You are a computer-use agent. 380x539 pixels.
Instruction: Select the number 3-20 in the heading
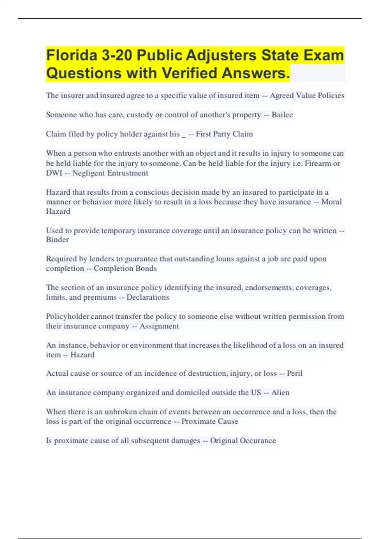click(117, 55)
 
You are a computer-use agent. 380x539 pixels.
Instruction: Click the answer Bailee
click(282, 115)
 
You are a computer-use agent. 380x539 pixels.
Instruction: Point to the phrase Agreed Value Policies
click(307, 95)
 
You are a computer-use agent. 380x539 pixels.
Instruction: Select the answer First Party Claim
click(224, 134)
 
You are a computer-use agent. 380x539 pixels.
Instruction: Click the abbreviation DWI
click(54, 173)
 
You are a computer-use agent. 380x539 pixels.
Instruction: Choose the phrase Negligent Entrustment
click(110, 173)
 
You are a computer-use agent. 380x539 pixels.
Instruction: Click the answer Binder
click(57, 240)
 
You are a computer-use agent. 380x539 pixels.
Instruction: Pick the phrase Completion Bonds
click(125, 269)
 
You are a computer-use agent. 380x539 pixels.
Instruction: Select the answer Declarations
click(148, 297)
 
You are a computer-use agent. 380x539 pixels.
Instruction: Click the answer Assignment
click(159, 326)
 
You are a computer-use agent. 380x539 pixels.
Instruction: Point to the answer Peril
click(294, 373)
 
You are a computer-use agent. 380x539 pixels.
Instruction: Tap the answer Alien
click(280, 393)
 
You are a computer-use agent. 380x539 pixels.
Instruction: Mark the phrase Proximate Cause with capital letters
click(210, 421)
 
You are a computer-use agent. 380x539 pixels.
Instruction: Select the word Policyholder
click(67, 316)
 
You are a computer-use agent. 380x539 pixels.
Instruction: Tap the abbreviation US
click(256, 393)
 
